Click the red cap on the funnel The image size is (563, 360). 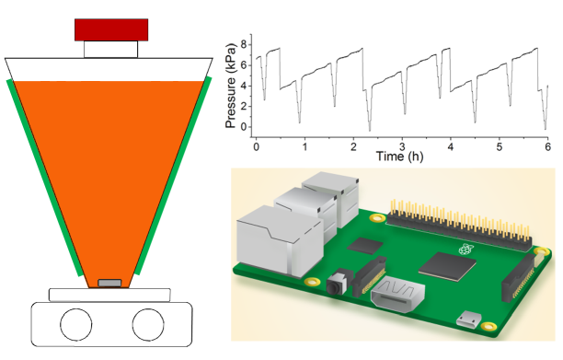click(111, 29)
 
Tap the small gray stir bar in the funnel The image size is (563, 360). click(109, 283)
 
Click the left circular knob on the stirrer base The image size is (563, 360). click(76, 324)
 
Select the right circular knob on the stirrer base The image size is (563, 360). click(148, 324)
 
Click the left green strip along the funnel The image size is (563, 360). click(45, 178)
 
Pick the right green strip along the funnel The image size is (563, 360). click(174, 176)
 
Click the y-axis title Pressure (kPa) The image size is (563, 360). click(231, 86)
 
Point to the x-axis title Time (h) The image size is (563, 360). click(399, 157)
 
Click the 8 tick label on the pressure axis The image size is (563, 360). click(244, 45)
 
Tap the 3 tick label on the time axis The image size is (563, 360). click(402, 146)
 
